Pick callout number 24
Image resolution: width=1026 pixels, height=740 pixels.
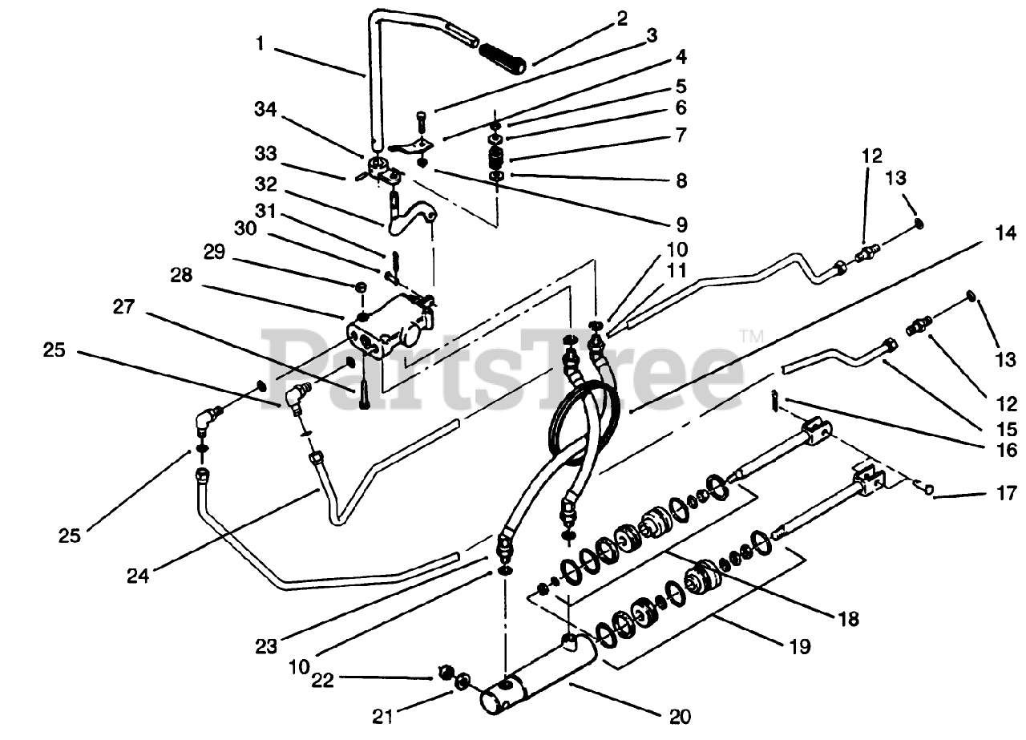point(139,574)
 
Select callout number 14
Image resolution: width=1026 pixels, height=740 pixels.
point(1005,235)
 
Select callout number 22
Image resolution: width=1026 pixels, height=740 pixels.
point(324,681)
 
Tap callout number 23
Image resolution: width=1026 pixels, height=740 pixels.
point(268,644)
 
